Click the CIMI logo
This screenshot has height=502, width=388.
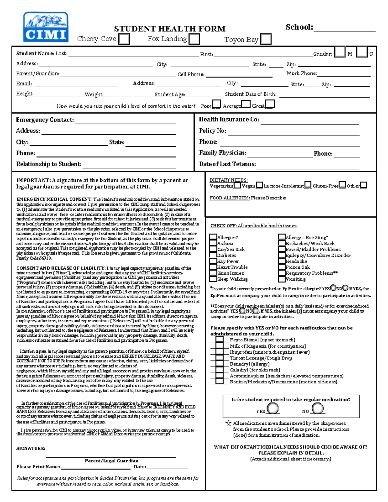(46, 27)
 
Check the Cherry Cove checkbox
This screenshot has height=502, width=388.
(124, 39)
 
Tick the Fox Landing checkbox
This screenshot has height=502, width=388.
(194, 39)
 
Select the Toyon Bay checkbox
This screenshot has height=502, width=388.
(265, 39)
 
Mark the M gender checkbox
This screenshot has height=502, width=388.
(339, 52)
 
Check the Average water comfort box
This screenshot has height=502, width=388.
(246, 104)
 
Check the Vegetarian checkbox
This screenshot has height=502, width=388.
(237, 185)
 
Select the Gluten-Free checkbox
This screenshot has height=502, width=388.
(342, 185)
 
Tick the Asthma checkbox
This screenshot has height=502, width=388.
(213, 243)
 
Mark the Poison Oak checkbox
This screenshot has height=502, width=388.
(282, 267)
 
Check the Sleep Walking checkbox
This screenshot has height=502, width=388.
(213, 279)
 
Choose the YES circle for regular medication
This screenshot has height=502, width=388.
(273, 409)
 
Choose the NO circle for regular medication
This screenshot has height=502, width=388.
(318, 409)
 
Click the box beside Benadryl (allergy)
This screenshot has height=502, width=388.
(220, 364)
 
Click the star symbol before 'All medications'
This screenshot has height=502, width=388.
(228, 423)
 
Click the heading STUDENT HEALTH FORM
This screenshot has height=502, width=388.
(170, 29)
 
